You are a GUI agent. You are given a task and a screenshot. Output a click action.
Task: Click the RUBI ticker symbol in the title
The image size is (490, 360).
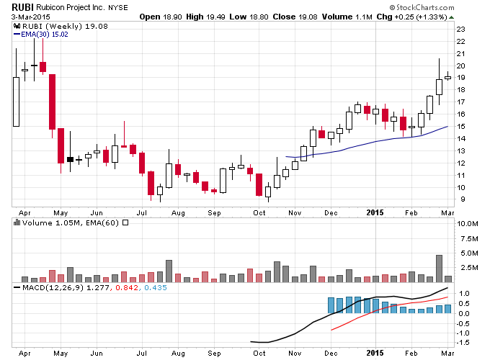pyautogui.click(x=22, y=7)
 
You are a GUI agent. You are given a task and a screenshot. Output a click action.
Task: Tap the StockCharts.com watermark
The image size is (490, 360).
pyautogui.click(x=422, y=7)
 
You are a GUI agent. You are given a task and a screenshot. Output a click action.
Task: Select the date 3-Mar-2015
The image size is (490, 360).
pyautogui.click(x=30, y=17)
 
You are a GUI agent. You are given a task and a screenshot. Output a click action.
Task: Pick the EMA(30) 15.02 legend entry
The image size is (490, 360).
pyautogui.click(x=40, y=35)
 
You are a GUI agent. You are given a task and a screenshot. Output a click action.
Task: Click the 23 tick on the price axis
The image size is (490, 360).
pyautogui.click(x=460, y=30)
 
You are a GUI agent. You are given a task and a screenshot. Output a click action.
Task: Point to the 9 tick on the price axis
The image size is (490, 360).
pyautogui.click(x=463, y=199)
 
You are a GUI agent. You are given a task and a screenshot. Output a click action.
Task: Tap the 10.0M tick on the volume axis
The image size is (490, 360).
pyautogui.click(x=468, y=224)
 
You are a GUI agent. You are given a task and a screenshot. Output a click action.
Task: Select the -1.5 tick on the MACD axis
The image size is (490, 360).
pyautogui.click(x=463, y=343)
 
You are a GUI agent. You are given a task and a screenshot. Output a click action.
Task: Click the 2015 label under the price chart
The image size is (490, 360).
pyautogui.click(x=375, y=212)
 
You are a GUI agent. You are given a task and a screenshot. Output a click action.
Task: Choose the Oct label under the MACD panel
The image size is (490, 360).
pyautogui.click(x=259, y=353)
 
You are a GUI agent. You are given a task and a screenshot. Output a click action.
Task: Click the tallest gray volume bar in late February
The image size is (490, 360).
pyautogui.click(x=439, y=269)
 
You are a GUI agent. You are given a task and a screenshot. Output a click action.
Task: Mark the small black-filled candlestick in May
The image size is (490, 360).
pyautogui.click(x=71, y=160)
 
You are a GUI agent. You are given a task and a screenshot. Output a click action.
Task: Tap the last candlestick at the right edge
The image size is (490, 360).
pyautogui.click(x=447, y=78)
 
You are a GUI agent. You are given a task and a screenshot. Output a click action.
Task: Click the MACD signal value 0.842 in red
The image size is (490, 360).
pyautogui.click(x=127, y=287)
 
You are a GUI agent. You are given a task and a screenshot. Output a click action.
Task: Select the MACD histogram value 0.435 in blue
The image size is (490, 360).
pyautogui.click(x=156, y=287)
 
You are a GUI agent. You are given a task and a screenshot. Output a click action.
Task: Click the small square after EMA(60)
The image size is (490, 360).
pyautogui.click(x=125, y=223)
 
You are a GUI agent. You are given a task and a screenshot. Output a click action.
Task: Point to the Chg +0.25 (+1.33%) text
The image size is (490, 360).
pyautogui.click(x=412, y=17)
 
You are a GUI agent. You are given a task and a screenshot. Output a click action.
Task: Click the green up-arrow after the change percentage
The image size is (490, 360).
pyautogui.click(x=451, y=17)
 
